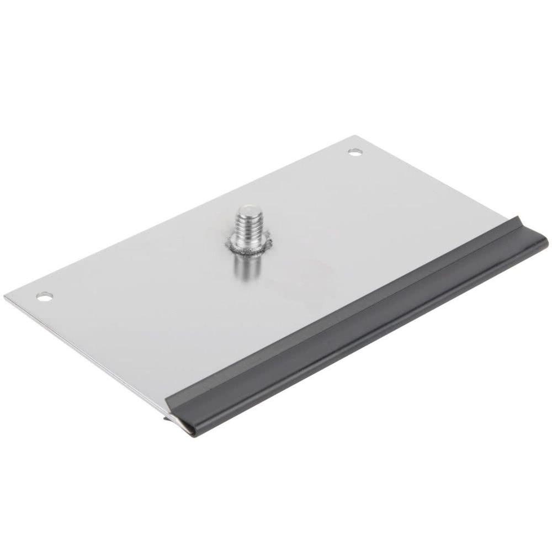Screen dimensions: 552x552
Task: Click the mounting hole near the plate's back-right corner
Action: [x=354, y=151]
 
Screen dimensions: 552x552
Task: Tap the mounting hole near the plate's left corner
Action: [x=44, y=296]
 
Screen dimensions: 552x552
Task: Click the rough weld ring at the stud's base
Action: [x=249, y=247]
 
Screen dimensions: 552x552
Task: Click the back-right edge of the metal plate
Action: [x=431, y=177]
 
